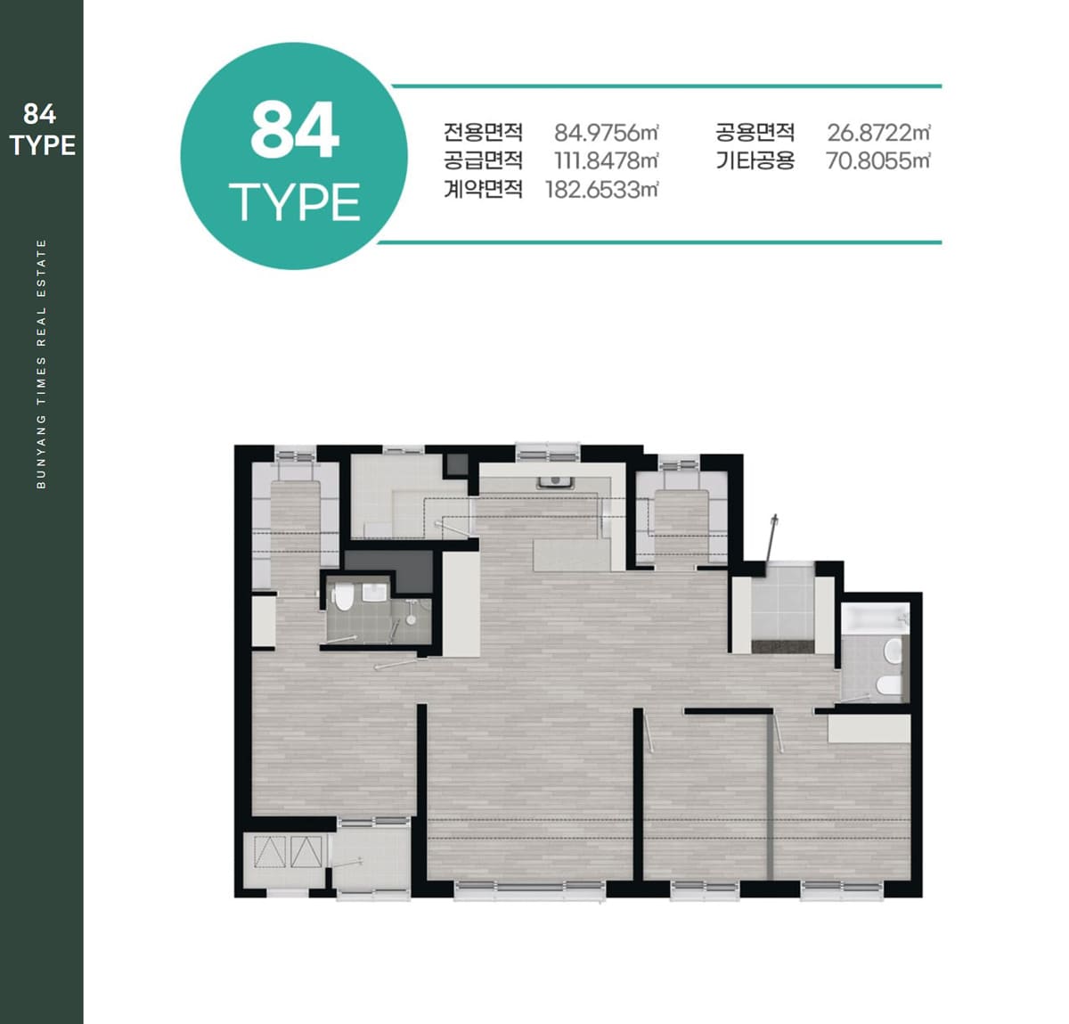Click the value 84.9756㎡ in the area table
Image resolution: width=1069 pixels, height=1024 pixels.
(606, 133)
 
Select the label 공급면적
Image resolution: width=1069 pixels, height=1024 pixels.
(483, 160)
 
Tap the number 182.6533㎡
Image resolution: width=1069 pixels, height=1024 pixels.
(601, 190)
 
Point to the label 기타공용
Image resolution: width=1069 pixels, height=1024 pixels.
(755, 160)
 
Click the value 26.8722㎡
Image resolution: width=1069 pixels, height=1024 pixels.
(878, 133)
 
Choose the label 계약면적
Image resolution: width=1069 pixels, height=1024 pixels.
(483, 190)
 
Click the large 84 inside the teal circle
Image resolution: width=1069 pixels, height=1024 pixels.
(295, 130)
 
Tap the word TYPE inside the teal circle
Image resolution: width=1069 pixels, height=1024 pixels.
(295, 203)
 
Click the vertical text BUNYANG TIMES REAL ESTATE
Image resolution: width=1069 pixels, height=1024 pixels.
(41, 364)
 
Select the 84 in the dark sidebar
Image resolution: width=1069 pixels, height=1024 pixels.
(39, 114)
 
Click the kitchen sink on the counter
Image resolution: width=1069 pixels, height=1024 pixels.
(555, 481)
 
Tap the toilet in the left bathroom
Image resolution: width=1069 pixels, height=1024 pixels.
(344, 598)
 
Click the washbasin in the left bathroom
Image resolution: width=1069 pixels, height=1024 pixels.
(375, 593)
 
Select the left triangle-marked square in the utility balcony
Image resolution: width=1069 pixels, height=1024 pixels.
(270, 852)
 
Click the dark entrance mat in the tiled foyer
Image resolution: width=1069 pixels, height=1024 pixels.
(783, 646)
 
